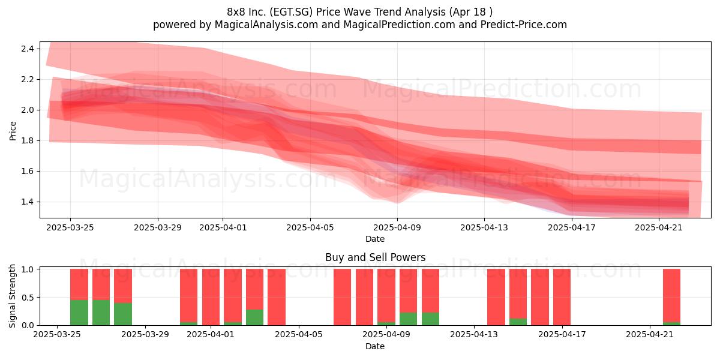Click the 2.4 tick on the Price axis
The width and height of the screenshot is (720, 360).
point(27,49)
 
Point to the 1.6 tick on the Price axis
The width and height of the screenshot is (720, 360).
point(27,172)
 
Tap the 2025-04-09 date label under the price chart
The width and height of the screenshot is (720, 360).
point(397,227)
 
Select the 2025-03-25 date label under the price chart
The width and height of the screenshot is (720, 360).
point(70,227)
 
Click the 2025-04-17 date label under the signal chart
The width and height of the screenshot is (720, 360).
point(562,334)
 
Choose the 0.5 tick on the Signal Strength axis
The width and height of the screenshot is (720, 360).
point(27,298)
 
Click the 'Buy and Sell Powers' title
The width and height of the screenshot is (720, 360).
point(375,257)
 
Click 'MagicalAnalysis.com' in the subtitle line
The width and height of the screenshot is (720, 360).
point(266,25)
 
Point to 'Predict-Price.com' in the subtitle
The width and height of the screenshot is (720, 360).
point(524,25)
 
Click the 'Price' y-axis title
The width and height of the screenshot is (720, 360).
point(13,131)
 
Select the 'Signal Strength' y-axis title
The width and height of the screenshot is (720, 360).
point(12,296)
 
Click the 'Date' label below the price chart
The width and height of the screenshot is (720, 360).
point(375,239)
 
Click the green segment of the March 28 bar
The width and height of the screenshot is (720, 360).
point(123,314)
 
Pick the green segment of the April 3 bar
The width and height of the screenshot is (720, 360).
point(254,317)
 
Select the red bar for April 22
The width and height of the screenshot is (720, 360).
point(671,295)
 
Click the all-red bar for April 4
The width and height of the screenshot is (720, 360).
point(277,297)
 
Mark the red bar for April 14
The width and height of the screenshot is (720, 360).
point(496,297)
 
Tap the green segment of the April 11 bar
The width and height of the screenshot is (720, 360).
point(430,319)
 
